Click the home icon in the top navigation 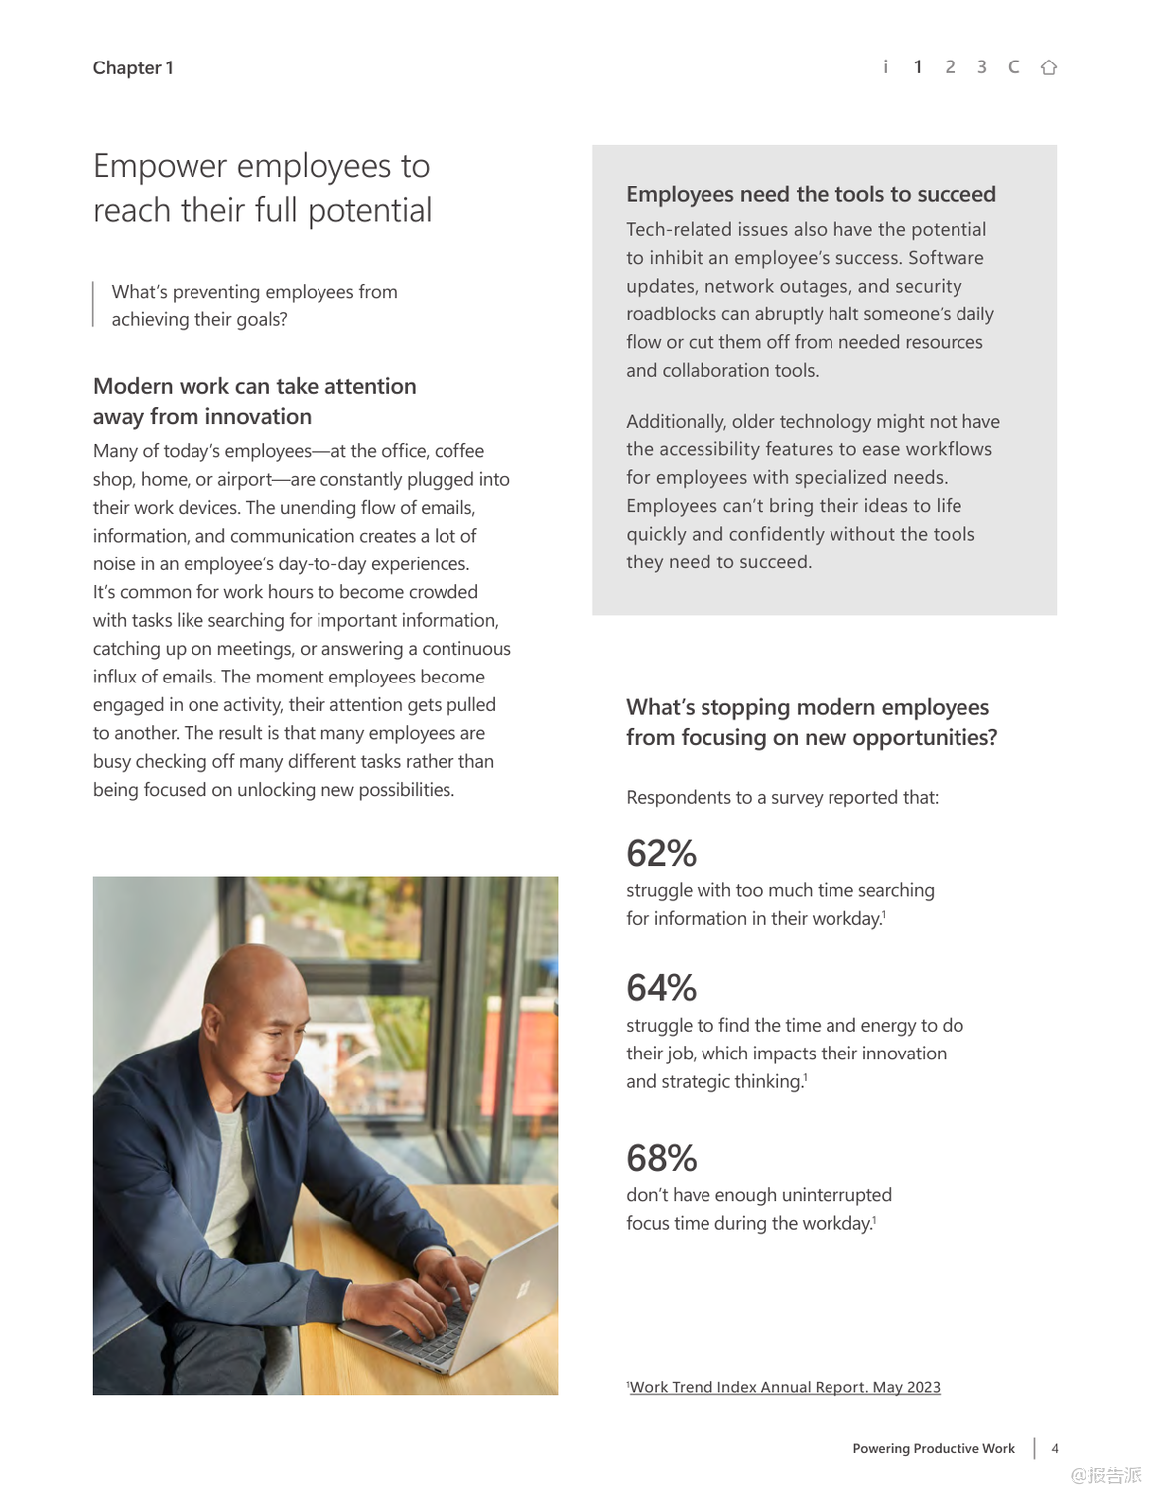[1048, 67]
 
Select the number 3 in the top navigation [981, 67]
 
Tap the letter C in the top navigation [1013, 67]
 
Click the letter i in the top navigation [885, 67]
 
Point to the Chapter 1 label [133, 68]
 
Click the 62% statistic [661, 853]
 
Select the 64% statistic [661, 988]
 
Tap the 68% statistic [661, 1158]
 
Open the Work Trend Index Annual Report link [785, 1387]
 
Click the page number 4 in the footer [1055, 1448]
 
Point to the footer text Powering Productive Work [933, 1448]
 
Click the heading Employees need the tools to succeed [811, 194]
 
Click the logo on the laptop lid [522, 1289]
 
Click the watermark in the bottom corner [1105, 1475]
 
